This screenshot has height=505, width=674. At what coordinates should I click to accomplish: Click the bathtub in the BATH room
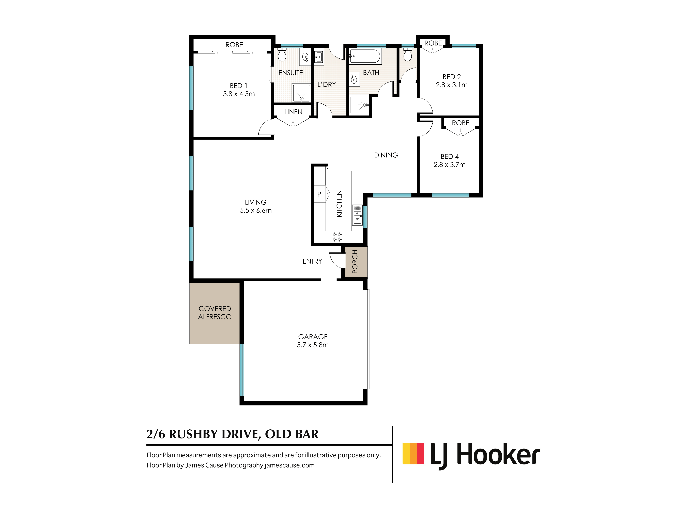[x=365, y=56]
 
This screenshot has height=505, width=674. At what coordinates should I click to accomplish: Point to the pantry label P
[x=319, y=194]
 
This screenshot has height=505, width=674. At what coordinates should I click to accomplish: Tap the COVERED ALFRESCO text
[x=215, y=313]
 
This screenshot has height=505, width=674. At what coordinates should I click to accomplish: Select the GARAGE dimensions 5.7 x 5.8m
[x=313, y=345]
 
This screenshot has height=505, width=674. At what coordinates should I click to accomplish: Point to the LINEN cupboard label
[x=293, y=112]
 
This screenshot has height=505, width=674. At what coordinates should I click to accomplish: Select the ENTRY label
[x=312, y=261]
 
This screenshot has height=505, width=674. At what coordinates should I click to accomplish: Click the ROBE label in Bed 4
[x=461, y=123]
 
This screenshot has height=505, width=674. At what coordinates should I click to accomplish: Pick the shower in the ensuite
[x=301, y=93]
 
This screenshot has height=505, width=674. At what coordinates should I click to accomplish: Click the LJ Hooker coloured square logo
[x=413, y=453]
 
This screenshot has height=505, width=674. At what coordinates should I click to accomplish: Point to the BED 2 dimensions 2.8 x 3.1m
[x=452, y=85]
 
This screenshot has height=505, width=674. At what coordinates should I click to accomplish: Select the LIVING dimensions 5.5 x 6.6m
[x=256, y=210]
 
